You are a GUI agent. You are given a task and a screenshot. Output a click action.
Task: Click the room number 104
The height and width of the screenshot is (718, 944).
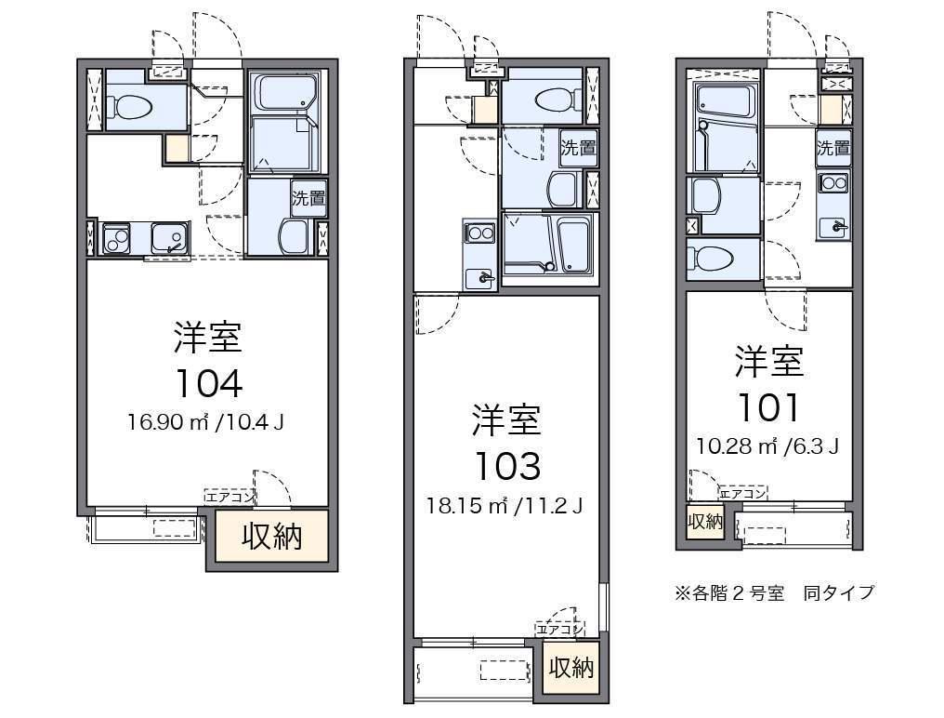tap(209, 383)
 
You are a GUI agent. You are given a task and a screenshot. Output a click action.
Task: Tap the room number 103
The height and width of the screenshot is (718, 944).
tap(507, 466)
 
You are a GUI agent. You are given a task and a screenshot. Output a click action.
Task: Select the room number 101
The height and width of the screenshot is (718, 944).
tap(768, 407)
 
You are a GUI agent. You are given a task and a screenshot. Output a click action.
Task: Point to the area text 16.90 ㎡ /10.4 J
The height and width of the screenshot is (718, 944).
tap(205, 422)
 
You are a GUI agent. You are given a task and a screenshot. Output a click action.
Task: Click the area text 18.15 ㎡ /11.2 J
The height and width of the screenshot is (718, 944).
tap(505, 505)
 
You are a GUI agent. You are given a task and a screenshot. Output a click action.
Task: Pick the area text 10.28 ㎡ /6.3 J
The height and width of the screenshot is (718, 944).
tap(767, 446)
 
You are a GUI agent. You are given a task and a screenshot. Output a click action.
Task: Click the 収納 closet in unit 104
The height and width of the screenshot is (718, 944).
tap(271, 536)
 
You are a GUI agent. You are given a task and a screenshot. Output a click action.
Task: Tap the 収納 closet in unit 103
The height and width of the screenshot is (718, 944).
tap(570, 668)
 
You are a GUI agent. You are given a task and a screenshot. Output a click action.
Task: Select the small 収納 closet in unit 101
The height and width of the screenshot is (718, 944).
tap(705, 521)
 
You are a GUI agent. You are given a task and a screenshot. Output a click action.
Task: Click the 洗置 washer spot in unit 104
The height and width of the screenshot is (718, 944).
tap(308, 198)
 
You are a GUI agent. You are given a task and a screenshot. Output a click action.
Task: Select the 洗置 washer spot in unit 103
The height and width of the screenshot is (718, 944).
tap(578, 148)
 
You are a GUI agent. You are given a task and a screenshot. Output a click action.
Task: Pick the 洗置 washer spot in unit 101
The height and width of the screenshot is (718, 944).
tap(833, 148)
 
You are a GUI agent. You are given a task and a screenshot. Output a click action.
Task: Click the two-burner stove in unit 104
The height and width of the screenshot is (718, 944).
tap(116, 238)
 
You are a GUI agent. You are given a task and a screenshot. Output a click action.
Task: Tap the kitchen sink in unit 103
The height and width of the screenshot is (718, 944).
tap(479, 278)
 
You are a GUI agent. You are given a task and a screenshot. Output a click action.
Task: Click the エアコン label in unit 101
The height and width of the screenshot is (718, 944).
tap(743, 493)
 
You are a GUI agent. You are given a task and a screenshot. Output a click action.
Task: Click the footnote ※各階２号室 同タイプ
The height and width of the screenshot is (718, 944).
tap(774, 592)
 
